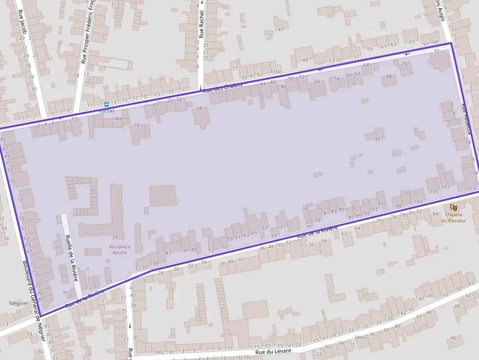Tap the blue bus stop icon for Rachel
click(x=106, y=104)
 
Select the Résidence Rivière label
click(x=120, y=250)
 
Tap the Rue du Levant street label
click(x=273, y=351)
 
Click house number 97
click(x=377, y=140)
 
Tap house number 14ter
click(x=118, y=119)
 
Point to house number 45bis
click(x=276, y=72)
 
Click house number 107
click(x=445, y=188)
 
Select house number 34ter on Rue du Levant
click(x=360, y=338)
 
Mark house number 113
click(x=471, y=189)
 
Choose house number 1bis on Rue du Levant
click(x=158, y=352)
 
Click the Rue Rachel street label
click(x=201, y=24)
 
